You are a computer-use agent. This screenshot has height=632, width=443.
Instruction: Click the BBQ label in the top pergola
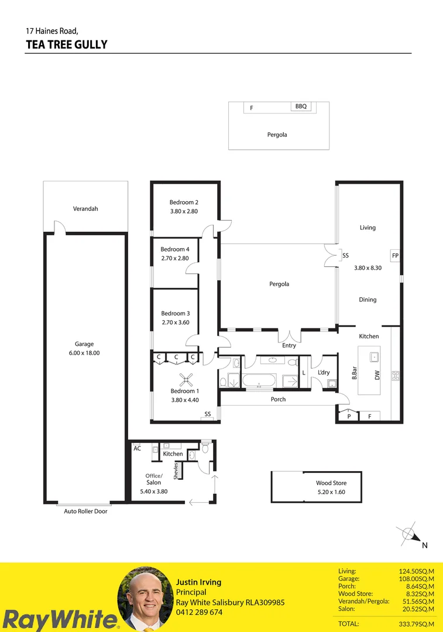click(301, 107)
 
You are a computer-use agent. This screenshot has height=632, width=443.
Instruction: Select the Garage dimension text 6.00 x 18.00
click(84, 353)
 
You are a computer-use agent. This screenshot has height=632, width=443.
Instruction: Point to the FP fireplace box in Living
click(395, 256)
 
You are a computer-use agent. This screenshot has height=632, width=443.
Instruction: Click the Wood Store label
click(331, 483)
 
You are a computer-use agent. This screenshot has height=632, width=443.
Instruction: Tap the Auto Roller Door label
click(85, 511)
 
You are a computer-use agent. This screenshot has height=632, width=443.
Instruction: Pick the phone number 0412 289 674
click(199, 612)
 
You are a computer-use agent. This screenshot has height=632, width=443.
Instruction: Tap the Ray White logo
click(59, 619)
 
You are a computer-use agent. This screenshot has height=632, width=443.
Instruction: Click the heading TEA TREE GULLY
click(67, 44)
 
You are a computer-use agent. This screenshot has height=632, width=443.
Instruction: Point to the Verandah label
click(85, 208)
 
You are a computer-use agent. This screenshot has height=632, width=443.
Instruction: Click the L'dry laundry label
click(324, 373)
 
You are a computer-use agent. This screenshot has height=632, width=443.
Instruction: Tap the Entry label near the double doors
click(289, 345)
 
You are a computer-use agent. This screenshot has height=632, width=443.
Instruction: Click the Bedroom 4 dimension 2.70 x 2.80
click(175, 257)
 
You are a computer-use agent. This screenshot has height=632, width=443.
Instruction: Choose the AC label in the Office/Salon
click(138, 448)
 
